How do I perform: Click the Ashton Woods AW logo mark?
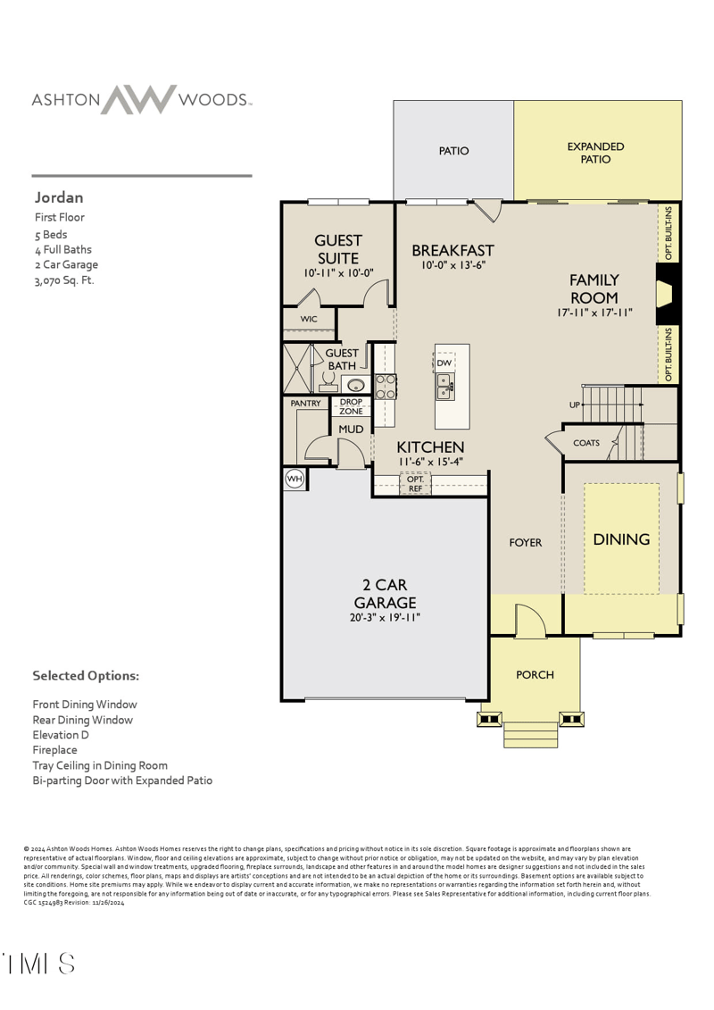pos(137,99)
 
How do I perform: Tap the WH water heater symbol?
pos(295,480)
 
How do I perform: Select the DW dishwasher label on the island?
pos(444,363)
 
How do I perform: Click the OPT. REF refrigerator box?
pos(415,484)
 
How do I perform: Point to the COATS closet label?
pos(586,443)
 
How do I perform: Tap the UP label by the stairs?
pos(575,405)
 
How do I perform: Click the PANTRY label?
pos(305,404)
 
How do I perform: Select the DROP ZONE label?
pos(351,406)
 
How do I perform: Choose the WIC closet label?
pos(309,319)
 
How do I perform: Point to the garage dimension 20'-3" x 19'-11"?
pos(386,617)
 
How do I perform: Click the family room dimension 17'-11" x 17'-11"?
pos(594,313)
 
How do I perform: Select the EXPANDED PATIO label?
pos(595,153)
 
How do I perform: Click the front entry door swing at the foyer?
pos(528,619)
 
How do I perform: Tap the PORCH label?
pos(535,675)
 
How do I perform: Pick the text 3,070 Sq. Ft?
pos(64,280)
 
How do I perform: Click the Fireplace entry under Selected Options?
pos(55,750)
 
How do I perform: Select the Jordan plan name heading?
pos(59,197)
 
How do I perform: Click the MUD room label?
pos(351,430)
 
